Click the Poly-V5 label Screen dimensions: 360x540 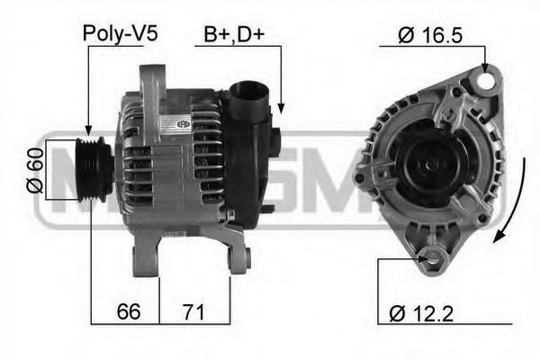(x=120, y=34)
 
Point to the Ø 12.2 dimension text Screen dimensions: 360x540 (x=420, y=314)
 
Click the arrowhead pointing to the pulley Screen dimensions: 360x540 (x=88, y=132)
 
